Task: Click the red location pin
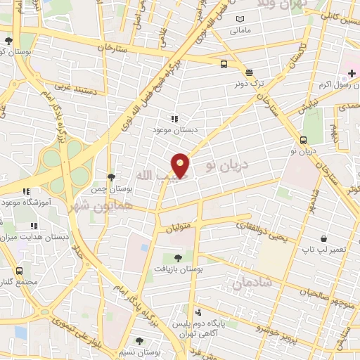(181, 165)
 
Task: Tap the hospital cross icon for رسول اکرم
(352, 73)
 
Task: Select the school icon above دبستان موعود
(174, 120)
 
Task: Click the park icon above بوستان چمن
(111, 177)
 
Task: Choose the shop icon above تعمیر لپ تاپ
(323, 239)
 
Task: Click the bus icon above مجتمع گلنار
(18, 270)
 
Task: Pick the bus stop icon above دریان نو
(304, 139)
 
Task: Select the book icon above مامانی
(240, 19)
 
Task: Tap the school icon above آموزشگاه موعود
(26, 191)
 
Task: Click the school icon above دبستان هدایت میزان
(33, 226)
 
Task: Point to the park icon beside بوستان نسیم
(139, 342)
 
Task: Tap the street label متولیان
(179, 227)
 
